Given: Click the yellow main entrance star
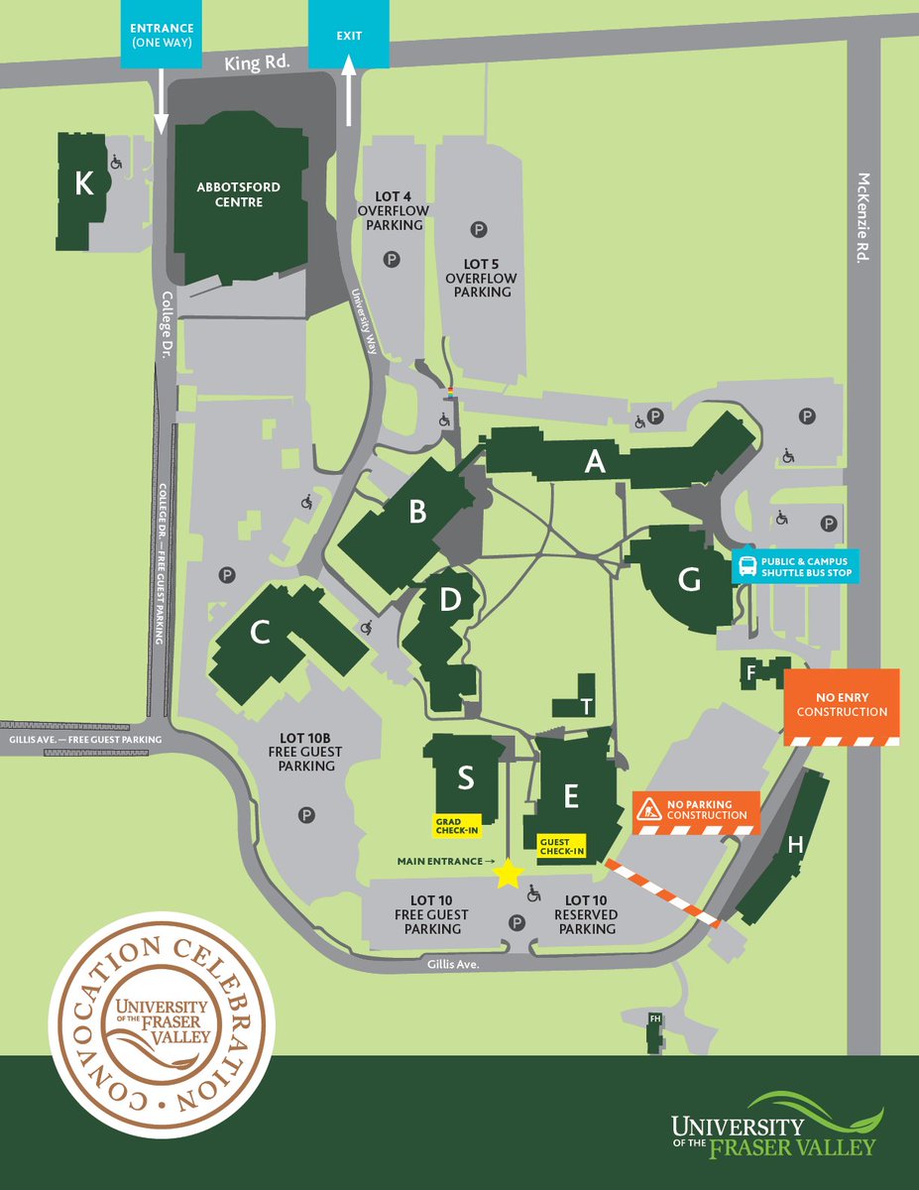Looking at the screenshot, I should point(508,873).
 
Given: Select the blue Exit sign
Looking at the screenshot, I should point(349,35).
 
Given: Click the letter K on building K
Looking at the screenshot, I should point(84,183).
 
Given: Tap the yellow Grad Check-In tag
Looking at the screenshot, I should point(455,826).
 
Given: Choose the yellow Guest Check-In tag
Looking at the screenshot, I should point(561,846).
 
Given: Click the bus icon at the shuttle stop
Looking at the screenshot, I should point(747,567).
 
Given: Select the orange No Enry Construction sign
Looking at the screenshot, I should point(842,705).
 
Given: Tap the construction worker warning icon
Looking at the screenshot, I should point(650,809).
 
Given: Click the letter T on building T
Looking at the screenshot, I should point(587,706).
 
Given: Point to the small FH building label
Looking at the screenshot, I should point(654,1018).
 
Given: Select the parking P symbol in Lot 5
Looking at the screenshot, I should point(479,230).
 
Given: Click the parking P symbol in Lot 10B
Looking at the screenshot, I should point(307,814).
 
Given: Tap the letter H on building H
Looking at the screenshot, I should point(794,844).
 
